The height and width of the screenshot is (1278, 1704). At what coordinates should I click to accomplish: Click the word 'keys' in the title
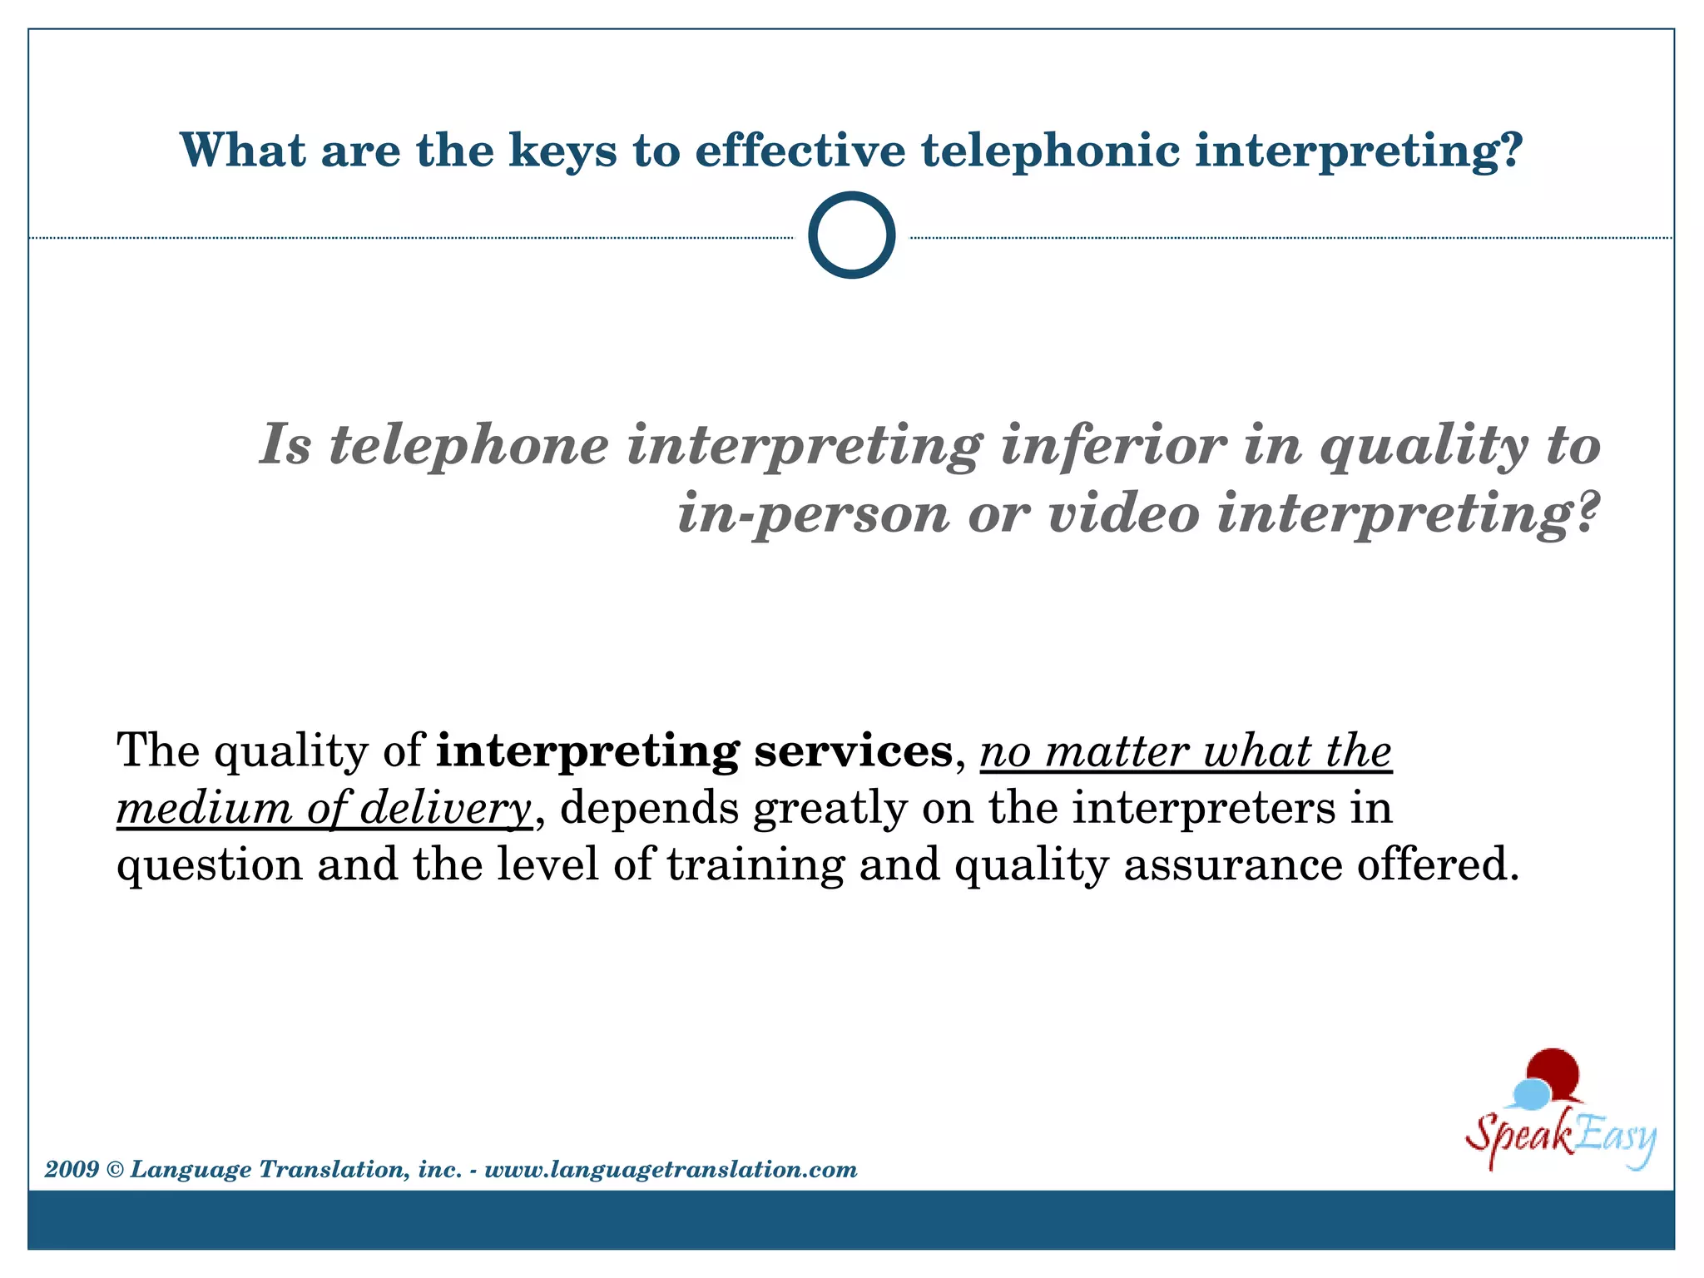(562, 151)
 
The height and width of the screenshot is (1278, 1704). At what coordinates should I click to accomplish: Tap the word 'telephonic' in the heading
(1051, 151)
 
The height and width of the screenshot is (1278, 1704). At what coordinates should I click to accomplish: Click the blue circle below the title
(851, 235)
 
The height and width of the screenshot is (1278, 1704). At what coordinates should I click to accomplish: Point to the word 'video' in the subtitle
(1123, 513)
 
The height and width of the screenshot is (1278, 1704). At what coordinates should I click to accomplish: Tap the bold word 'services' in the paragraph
(853, 750)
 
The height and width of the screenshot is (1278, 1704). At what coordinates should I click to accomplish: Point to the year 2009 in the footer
(72, 1169)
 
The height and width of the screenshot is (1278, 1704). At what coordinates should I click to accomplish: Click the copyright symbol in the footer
(115, 1170)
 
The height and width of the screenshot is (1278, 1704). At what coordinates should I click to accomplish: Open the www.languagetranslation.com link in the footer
(671, 1170)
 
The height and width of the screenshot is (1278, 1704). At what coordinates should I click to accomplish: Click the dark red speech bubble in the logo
(1553, 1072)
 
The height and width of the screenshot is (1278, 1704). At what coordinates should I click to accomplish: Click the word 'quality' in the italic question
(1424, 447)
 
